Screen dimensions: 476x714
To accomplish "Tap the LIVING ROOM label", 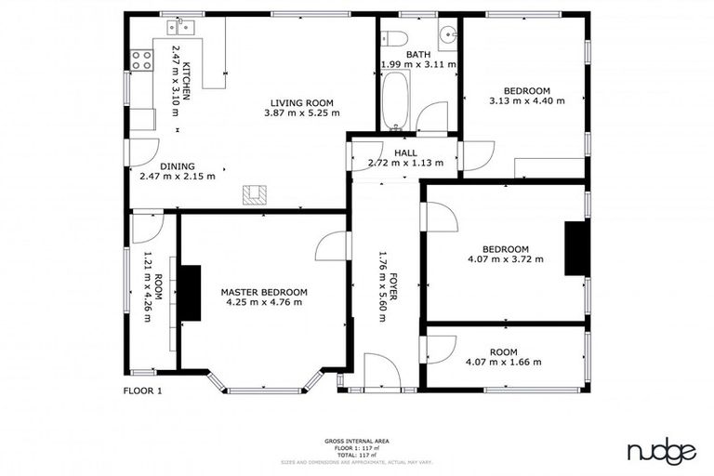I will point(302,102).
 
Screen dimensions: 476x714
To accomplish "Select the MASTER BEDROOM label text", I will point(263,292).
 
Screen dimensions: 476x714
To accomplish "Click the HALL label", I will point(404,152).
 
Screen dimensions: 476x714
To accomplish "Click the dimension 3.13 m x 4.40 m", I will point(527,100).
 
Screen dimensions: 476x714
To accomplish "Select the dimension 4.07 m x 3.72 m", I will point(498,259).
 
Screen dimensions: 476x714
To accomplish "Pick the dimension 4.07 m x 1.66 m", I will point(503,362).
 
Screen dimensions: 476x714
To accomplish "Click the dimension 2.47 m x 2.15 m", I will point(177,176).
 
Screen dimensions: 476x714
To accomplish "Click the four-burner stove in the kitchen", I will point(142,61).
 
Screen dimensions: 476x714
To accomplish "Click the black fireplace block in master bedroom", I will point(191,293).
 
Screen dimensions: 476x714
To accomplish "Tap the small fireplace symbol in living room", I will point(254,194).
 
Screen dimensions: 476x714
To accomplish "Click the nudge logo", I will point(661,452).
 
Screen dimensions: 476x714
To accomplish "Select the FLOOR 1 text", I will point(142,390).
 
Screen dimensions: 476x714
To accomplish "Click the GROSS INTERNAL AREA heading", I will point(356,440).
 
